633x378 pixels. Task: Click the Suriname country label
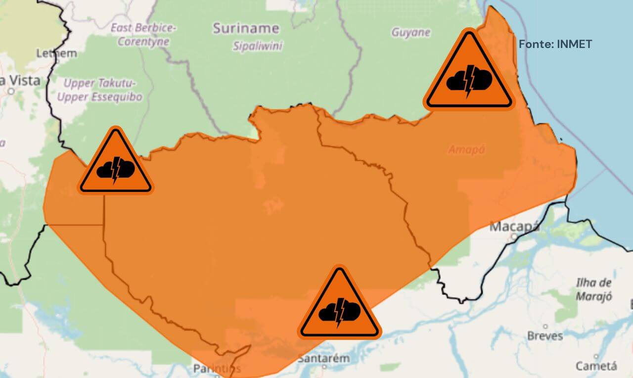tap(246, 28)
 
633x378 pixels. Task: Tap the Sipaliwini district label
tap(258, 46)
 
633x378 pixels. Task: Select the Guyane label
tap(410, 33)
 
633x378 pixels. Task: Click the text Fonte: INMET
tap(555, 44)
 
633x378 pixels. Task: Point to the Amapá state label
tap(466, 149)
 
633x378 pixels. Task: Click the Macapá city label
tap(514, 227)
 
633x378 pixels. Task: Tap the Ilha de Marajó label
tap(594, 289)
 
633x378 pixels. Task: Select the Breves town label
tap(545, 336)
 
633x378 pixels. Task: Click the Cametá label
tap(596, 366)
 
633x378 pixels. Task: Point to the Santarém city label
tap(323, 358)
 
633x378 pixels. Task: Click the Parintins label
tap(217, 369)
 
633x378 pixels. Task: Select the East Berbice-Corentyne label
tap(143, 35)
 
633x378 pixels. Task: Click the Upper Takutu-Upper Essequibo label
tap(99, 90)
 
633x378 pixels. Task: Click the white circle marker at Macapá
tap(514, 237)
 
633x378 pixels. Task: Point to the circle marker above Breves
tap(545, 327)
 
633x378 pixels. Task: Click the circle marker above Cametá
tap(596, 357)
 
